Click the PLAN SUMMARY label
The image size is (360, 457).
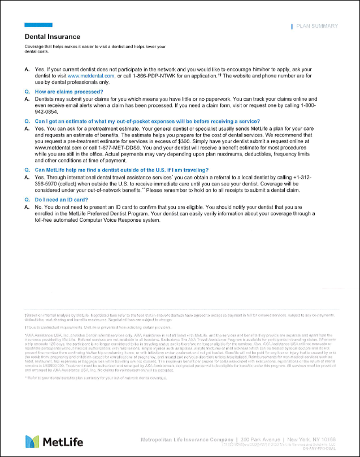pyautogui.click(x=317, y=26)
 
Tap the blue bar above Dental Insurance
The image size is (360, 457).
pyautogui.click(x=38, y=25)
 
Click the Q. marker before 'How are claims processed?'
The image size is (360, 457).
pyautogui.click(x=27, y=91)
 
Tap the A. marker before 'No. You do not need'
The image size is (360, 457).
pyautogui.click(x=27, y=208)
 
